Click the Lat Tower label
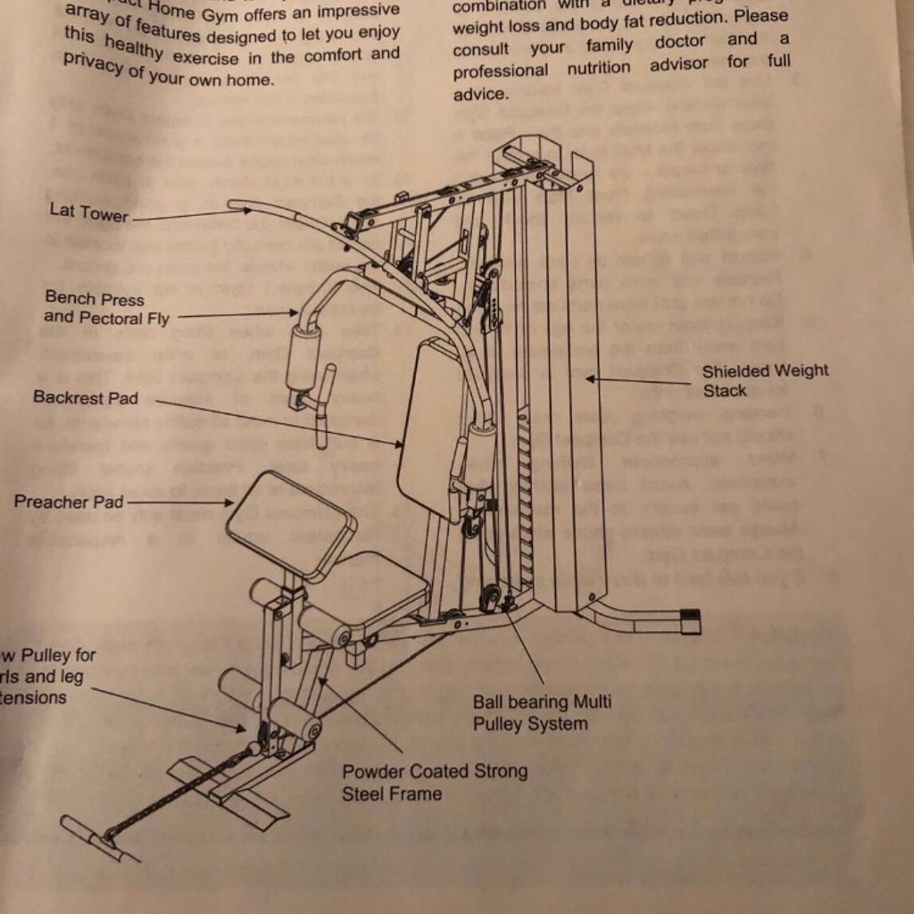(88, 212)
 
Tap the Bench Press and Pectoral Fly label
(105, 307)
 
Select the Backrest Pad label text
(86, 397)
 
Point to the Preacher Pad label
(68, 502)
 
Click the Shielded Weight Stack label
(764, 380)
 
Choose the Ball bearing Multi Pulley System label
(542, 712)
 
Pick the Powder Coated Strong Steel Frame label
(434, 781)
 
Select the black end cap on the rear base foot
(690, 621)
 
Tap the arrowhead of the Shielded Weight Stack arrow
(590, 379)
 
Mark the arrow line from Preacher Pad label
(179, 503)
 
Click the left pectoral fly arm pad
(303, 357)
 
